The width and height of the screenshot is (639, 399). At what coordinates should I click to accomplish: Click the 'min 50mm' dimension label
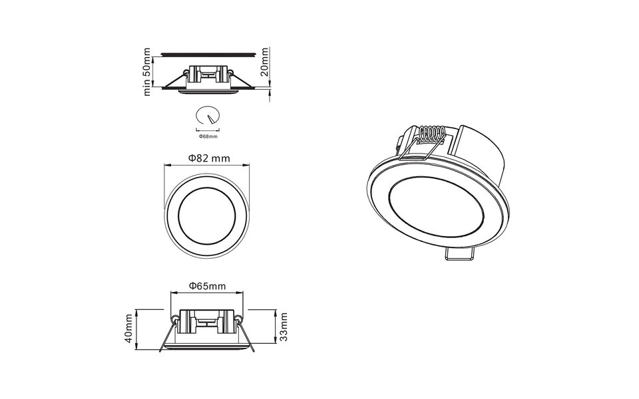point(147,72)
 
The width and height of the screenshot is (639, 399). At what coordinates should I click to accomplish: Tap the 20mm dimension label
point(265,62)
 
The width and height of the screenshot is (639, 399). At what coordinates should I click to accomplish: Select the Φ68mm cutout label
point(208,136)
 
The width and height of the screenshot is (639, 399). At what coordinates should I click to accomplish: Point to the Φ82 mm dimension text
point(208,159)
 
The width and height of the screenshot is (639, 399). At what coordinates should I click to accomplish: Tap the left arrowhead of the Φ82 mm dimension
point(167,167)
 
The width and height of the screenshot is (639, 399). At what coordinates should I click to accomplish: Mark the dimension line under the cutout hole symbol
point(208,128)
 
